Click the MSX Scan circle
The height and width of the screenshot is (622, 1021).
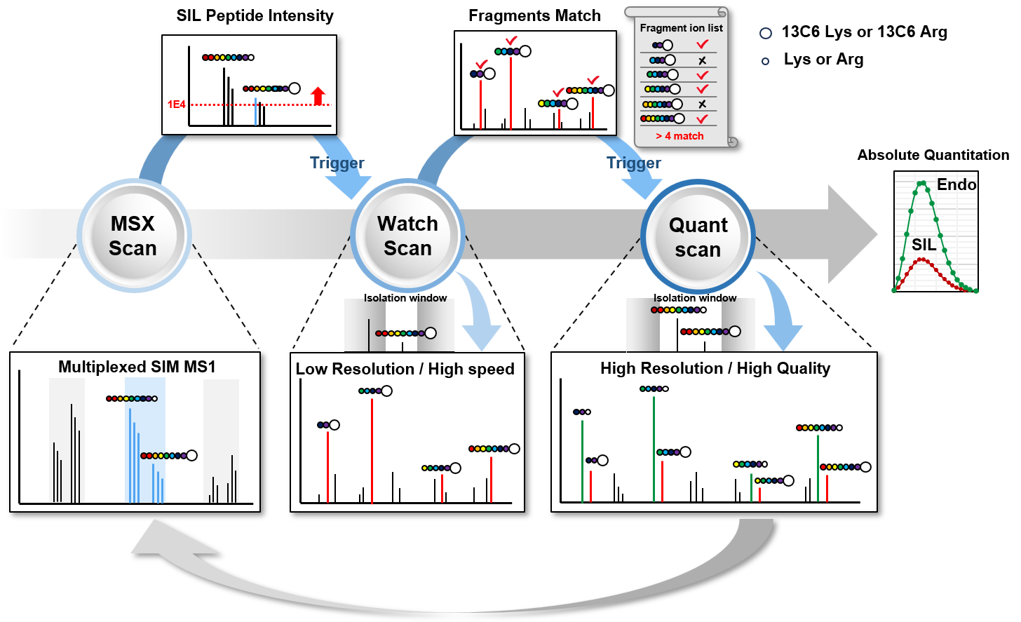point(133,236)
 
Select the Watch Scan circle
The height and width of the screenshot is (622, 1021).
point(407,236)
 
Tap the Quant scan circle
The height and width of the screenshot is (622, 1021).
point(698,237)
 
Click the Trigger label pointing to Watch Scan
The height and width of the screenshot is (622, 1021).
point(337,163)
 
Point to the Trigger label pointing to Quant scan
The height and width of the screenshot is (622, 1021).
point(634,163)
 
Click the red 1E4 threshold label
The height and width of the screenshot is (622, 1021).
point(176,104)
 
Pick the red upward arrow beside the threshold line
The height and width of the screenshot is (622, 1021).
point(318,95)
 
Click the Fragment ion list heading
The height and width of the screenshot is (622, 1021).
point(681,28)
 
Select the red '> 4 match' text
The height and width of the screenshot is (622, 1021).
point(679,136)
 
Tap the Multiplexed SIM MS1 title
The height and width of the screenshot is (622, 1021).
point(137,367)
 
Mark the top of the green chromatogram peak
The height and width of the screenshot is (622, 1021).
point(922,183)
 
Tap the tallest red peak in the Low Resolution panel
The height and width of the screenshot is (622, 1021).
point(372,449)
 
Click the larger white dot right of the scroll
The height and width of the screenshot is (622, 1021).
point(766,34)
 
